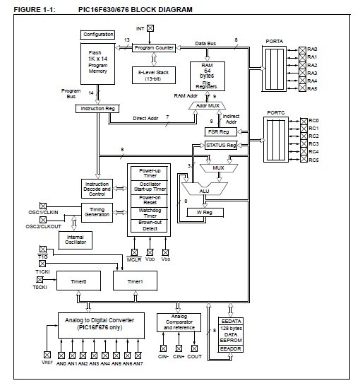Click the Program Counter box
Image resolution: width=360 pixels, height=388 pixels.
154,47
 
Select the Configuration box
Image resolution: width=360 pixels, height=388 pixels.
98,34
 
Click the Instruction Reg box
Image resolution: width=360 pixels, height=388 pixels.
98,109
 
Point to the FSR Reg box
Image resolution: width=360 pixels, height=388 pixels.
217,131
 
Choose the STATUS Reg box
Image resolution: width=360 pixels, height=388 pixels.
220,145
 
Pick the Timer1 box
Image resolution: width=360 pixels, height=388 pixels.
134,281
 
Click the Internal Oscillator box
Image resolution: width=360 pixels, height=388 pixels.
75,240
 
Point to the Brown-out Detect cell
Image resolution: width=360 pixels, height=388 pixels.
149,226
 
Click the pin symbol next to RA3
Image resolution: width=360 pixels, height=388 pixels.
302,73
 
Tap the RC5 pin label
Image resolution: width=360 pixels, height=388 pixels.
313,160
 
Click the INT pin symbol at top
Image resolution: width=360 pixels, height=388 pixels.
150,28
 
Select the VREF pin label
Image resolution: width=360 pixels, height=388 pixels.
47,363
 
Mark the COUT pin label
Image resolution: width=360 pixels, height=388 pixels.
194,358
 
